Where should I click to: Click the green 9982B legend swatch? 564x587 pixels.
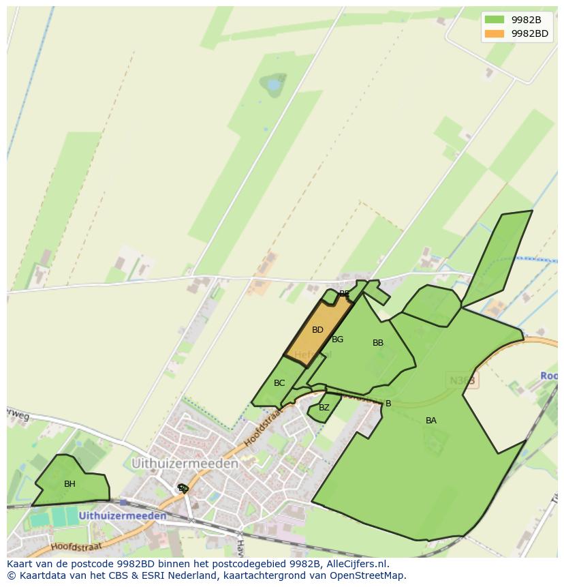tap(495, 19)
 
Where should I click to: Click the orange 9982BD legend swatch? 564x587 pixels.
tap(495, 33)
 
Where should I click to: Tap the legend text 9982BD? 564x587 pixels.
tap(530, 33)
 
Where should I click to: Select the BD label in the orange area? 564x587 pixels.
tap(317, 330)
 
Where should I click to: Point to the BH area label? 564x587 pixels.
tap(69, 484)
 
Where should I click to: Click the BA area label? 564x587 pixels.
tap(431, 421)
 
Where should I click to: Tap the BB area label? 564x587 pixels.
tap(378, 343)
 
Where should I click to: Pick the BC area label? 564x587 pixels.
tap(279, 383)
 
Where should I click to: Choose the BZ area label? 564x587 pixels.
tap(324, 408)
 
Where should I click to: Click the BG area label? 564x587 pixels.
tap(338, 340)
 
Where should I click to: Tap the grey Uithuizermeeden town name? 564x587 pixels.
tap(185, 464)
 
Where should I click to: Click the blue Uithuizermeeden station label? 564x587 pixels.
tap(123, 516)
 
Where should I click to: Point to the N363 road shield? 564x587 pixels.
tap(463, 380)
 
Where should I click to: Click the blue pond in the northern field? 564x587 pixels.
tap(274, 85)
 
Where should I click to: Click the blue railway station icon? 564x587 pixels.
tap(123, 502)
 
